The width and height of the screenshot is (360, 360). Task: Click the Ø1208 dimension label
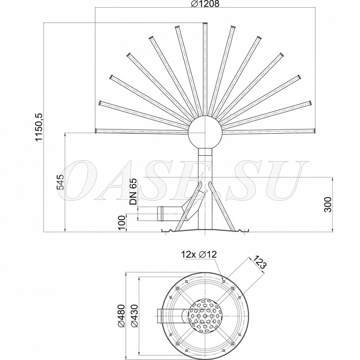(x=205, y=3)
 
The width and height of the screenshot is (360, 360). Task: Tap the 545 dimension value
(x=60, y=182)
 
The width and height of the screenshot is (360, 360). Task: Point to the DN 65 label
(x=133, y=191)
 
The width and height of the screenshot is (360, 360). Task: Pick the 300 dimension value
(x=328, y=204)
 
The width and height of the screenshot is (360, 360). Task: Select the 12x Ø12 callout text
(x=199, y=254)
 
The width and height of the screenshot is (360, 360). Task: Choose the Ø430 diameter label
(x=134, y=315)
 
